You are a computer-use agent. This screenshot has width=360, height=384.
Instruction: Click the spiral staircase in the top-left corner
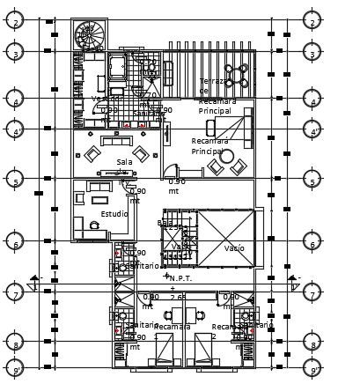coord(90,36)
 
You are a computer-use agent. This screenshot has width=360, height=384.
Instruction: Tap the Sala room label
coord(124,162)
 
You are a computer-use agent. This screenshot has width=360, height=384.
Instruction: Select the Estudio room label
coord(114,213)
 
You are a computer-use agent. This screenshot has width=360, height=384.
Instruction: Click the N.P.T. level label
coord(181,278)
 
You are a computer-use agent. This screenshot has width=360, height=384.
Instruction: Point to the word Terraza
coord(212,81)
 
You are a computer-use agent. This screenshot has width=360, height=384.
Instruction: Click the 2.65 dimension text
coord(177,297)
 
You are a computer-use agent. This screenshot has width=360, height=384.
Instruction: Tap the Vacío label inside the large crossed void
coord(233,248)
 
